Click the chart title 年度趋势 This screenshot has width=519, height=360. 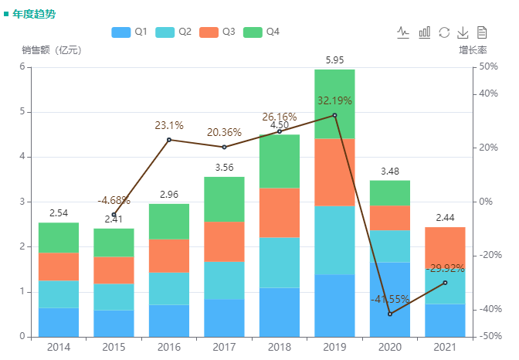pyautogui.click(x=33, y=14)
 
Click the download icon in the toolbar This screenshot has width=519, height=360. pyautogui.click(x=463, y=32)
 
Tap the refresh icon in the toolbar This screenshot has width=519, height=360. pyautogui.click(x=444, y=32)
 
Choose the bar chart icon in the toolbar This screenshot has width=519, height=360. pyautogui.click(x=424, y=32)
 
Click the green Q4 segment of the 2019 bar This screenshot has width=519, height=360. pyautogui.click(x=334, y=104)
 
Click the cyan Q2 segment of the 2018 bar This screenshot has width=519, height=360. pyautogui.click(x=279, y=263)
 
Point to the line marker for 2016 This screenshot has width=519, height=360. pyautogui.click(x=169, y=140)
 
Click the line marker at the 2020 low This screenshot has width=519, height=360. pyautogui.click(x=390, y=314)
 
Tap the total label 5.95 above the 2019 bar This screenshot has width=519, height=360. pyautogui.click(x=334, y=60)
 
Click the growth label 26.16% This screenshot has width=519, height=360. pyautogui.click(x=279, y=117)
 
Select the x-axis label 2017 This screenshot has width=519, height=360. pyautogui.click(x=224, y=347)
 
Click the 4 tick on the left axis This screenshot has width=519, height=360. pyautogui.click(x=24, y=157)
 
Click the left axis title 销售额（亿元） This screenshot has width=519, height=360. pyautogui.click(x=50, y=50)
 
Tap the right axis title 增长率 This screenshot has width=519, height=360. pyautogui.click(x=472, y=50)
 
